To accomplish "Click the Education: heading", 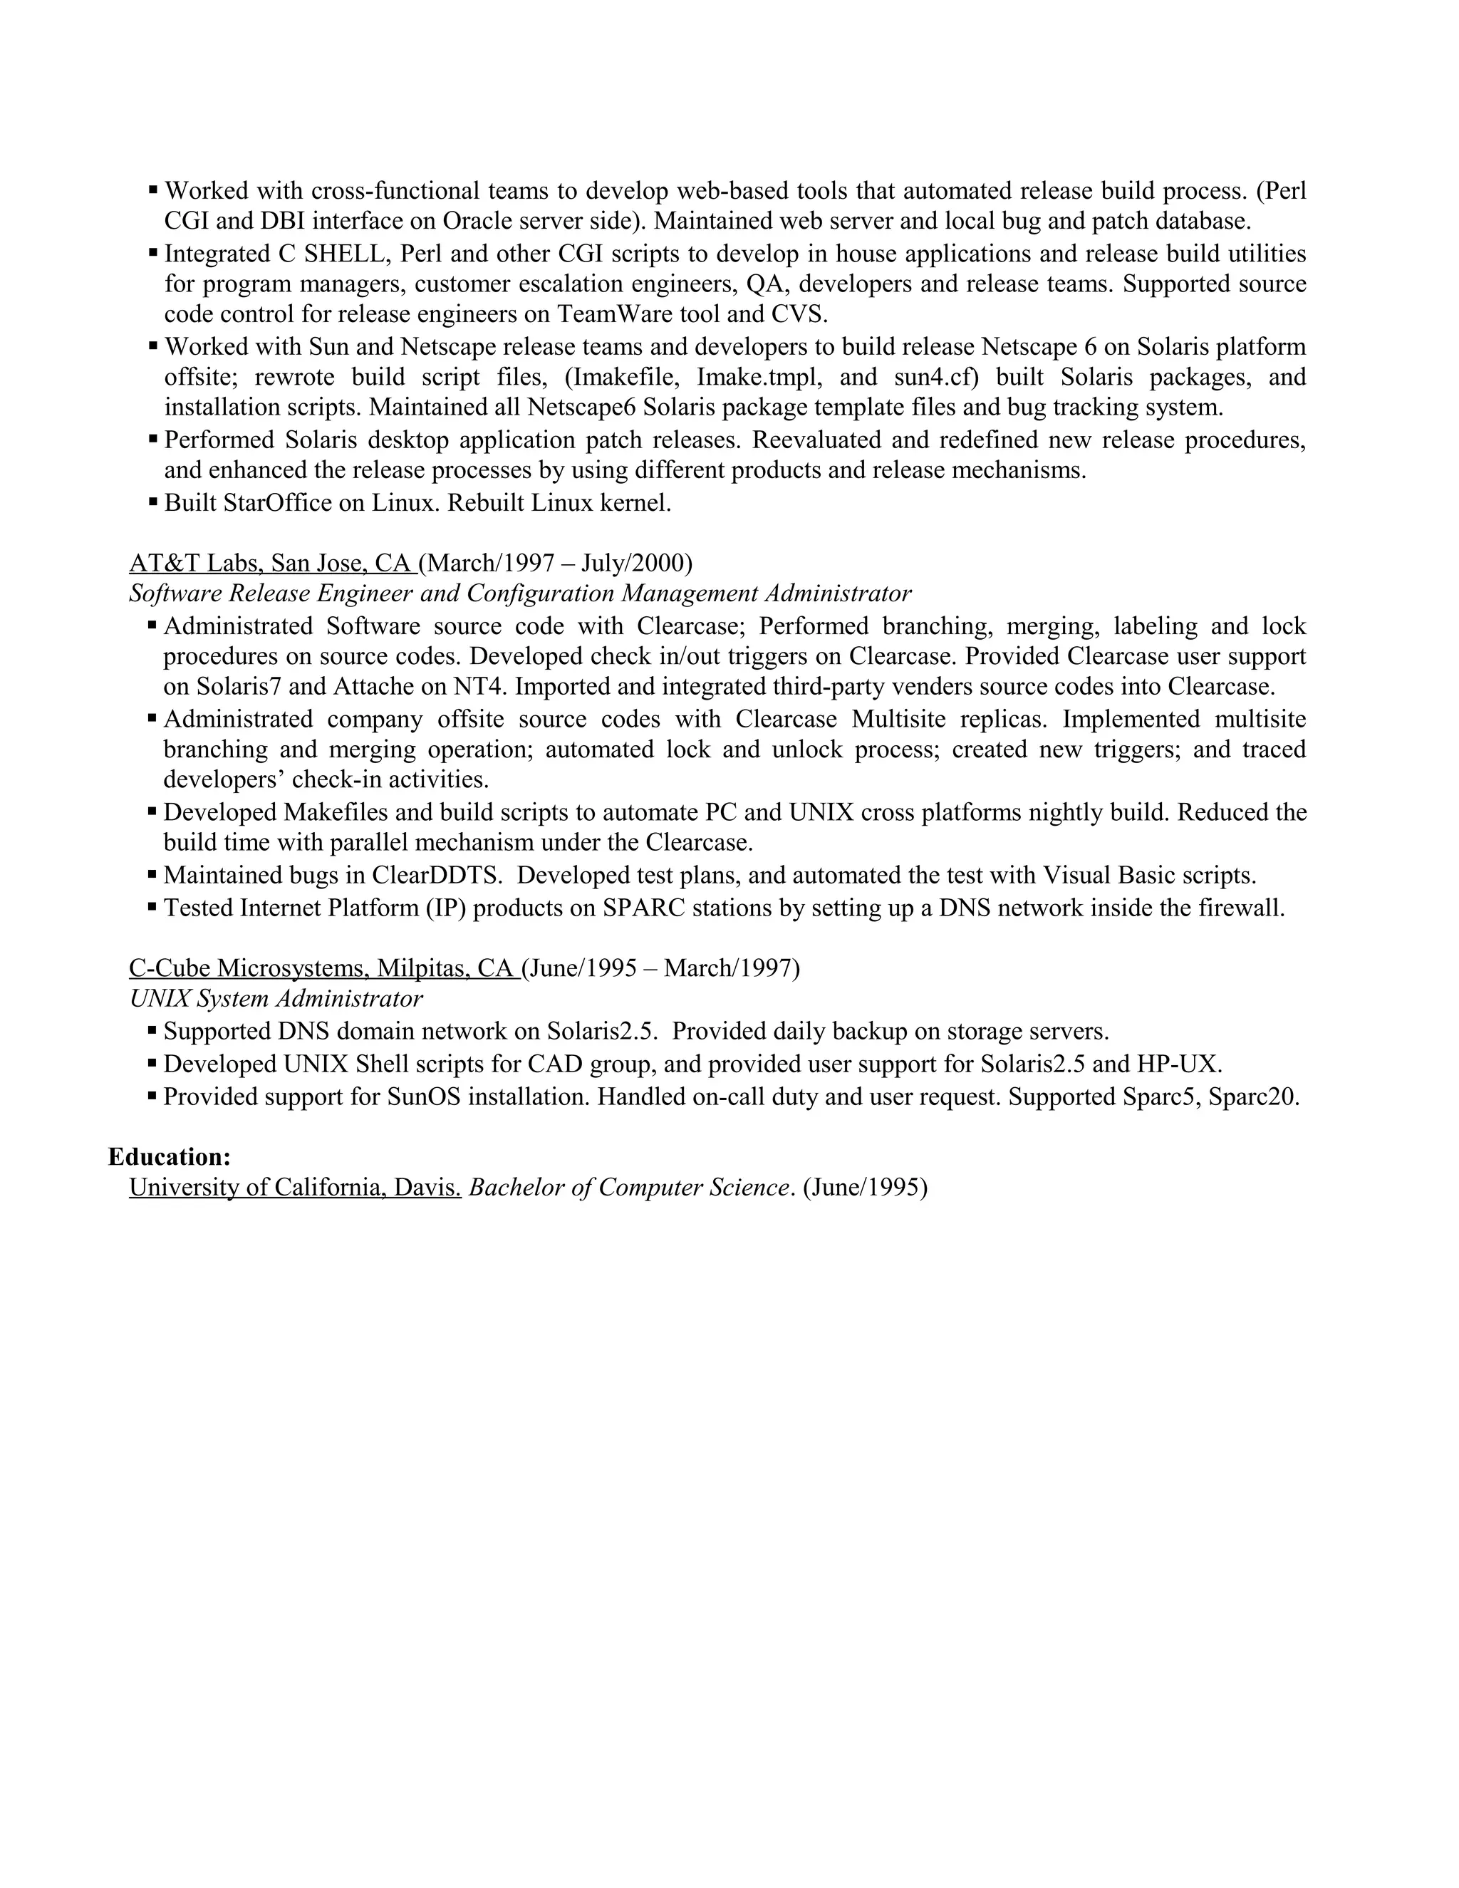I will (170, 1156).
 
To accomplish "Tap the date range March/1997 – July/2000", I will (556, 563).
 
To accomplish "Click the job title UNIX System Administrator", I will (276, 998).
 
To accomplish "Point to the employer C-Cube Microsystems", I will (246, 968).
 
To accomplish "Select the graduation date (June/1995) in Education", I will (864, 1187).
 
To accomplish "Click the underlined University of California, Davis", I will (295, 1187).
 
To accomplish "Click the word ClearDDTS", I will (437, 875).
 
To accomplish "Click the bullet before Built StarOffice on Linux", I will (153, 501).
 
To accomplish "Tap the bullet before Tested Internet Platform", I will (153, 906).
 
